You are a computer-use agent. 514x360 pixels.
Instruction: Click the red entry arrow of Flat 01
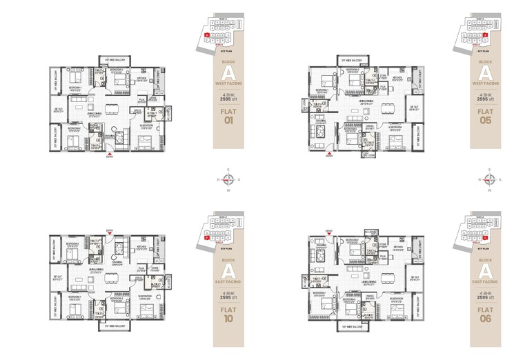click(108, 152)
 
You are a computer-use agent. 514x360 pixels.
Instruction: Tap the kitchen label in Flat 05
click(397, 79)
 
